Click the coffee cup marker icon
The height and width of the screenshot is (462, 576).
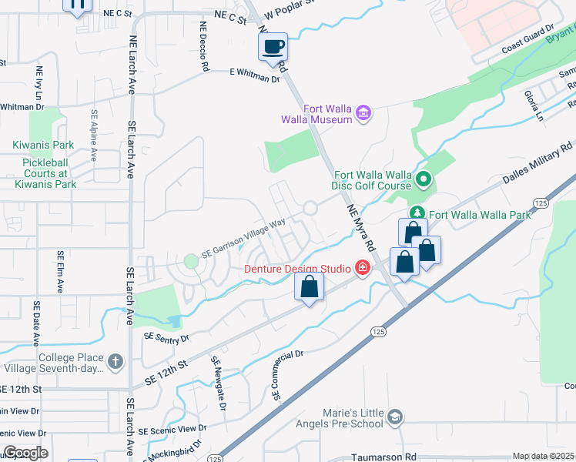click(x=273, y=47)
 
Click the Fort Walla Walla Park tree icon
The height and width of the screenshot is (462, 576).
click(x=417, y=212)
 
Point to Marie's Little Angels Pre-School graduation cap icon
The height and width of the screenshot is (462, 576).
click(x=395, y=417)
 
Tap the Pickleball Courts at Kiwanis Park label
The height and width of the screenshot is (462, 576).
click(x=44, y=173)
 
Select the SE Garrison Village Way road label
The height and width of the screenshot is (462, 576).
click(x=243, y=237)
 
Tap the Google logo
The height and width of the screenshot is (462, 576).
click(x=25, y=453)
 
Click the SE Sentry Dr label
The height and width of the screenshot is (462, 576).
click(x=167, y=337)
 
